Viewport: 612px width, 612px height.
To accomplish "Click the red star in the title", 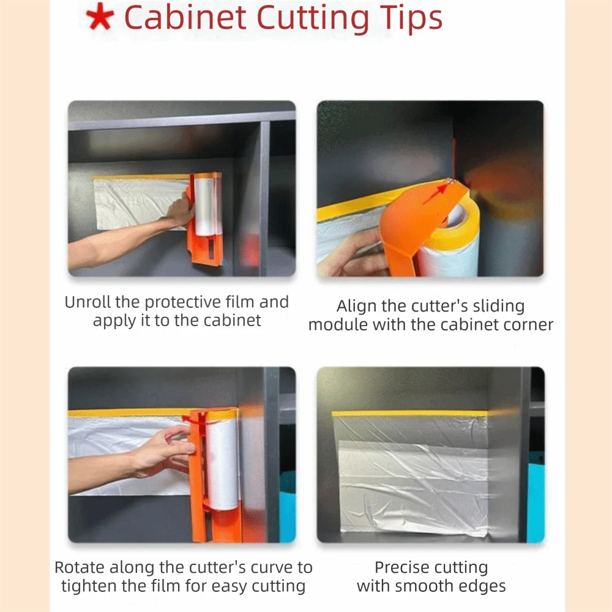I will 99,19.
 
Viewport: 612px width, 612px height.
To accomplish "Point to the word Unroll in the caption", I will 89,302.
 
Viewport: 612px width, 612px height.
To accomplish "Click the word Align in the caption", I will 357,306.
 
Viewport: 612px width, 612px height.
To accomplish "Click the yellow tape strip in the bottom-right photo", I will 410,414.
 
